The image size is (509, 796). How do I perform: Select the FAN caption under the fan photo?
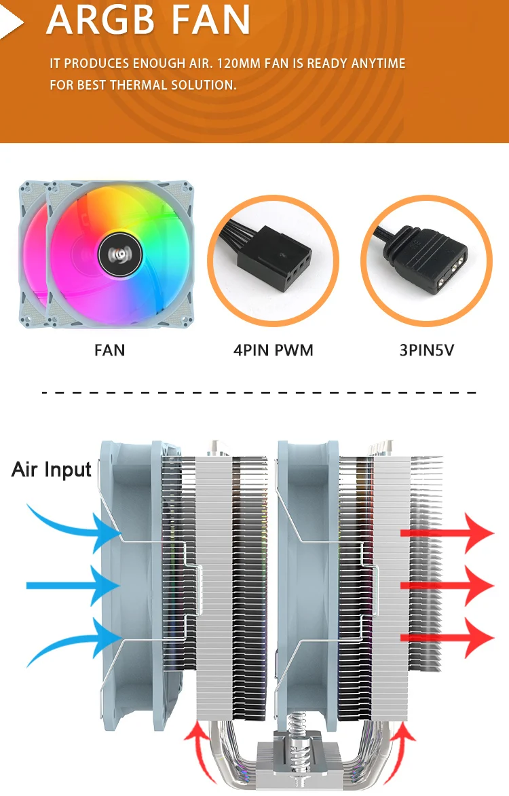(109, 350)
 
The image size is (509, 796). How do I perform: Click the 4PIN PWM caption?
(273, 350)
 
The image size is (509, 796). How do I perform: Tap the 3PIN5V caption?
(426, 350)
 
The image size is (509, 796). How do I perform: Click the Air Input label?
(51, 470)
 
